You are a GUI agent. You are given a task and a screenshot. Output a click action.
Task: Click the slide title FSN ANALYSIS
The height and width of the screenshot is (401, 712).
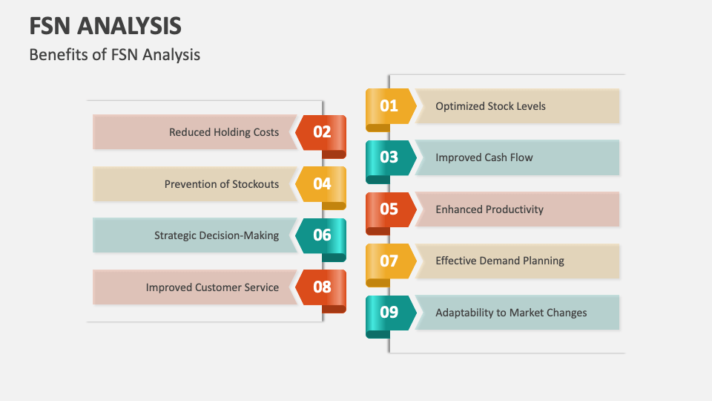pyautogui.click(x=105, y=26)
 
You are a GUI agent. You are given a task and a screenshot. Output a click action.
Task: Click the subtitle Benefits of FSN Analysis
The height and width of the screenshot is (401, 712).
pyautogui.click(x=114, y=55)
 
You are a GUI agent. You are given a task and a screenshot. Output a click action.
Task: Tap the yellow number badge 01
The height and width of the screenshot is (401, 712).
pyautogui.click(x=389, y=106)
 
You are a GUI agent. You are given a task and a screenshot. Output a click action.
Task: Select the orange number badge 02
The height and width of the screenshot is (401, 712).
pyautogui.click(x=322, y=132)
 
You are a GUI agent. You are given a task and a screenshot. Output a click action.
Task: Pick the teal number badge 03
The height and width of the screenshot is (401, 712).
pyautogui.click(x=389, y=157)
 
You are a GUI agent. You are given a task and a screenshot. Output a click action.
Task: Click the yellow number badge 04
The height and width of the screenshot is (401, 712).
pyautogui.click(x=322, y=183)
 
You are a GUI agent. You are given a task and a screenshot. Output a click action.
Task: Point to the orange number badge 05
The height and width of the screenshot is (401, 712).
pyautogui.click(x=389, y=209)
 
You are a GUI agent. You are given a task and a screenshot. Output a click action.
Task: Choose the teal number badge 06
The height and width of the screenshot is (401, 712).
pyautogui.click(x=322, y=235)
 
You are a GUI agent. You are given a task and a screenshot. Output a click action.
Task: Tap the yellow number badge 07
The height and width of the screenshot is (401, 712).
pyautogui.click(x=389, y=261)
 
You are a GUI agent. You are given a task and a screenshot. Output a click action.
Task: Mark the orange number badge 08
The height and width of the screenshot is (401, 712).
pyautogui.click(x=322, y=287)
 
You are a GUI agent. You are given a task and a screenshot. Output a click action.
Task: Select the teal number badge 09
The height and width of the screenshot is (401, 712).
pyautogui.click(x=389, y=313)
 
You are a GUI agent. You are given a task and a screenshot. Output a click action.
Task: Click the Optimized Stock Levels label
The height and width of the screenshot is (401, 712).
pyautogui.click(x=490, y=106)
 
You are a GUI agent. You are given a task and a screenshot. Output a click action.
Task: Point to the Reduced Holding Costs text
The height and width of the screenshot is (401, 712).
pyautogui.click(x=224, y=132)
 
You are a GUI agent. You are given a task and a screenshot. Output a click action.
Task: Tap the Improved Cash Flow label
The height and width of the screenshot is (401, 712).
pyautogui.click(x=484, y=157)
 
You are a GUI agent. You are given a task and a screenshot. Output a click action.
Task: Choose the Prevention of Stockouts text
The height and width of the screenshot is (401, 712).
pyautogui.click(x=222, y=184)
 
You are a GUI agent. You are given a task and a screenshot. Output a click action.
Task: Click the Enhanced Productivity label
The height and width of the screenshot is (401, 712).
pyautogui.click(x=489, y=209)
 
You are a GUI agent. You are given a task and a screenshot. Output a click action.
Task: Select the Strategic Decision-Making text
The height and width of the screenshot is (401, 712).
pyautogui.click(x=217, y=235)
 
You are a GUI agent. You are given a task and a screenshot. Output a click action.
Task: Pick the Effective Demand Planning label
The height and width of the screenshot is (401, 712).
pyautogui.click(x=500, y=261)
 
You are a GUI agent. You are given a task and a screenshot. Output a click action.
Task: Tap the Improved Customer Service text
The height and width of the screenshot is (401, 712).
pyautogui.click(x=212, y=287)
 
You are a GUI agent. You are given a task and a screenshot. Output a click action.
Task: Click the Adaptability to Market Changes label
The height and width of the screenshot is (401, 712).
pyautogui.click(x=511, y=313)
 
